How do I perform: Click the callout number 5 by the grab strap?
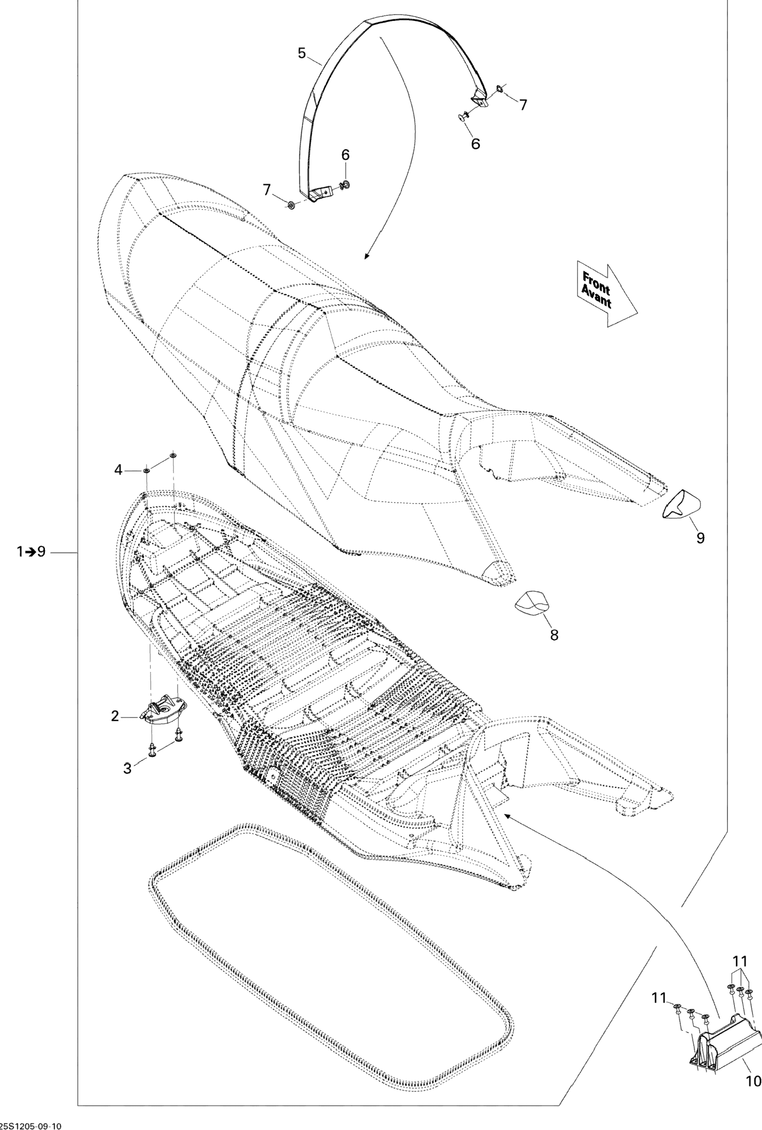[x=302, y=53]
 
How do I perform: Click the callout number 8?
[x=554, y=635]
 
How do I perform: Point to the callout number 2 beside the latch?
[x=115, y=716]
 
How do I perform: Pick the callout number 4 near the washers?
[x=118, y=470]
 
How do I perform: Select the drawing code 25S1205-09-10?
[x=31, y=1125]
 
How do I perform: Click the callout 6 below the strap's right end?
[x=476, y=144]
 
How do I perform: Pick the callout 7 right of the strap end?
[x=523, y=105]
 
